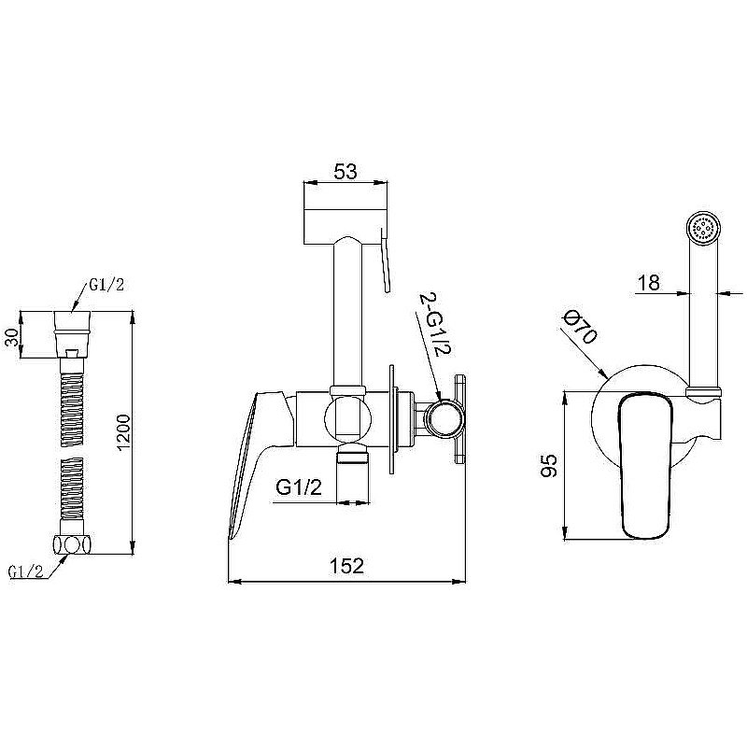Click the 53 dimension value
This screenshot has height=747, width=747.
click(x=345, y=172)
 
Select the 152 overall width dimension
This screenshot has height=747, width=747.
click(x=346, y=566)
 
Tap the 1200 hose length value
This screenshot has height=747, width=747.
click(x=123, y=432)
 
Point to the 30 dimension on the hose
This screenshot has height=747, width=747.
click(x=13, y=337)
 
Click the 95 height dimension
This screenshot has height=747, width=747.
click(x=549, y=465)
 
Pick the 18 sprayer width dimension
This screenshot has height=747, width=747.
click(x=649, y=283)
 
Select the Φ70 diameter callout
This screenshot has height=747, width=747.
click(x=579, y=326)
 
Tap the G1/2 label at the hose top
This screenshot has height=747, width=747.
click(x=106, y=285)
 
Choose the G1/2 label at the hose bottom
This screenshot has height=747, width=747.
click(x=26, y=571)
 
